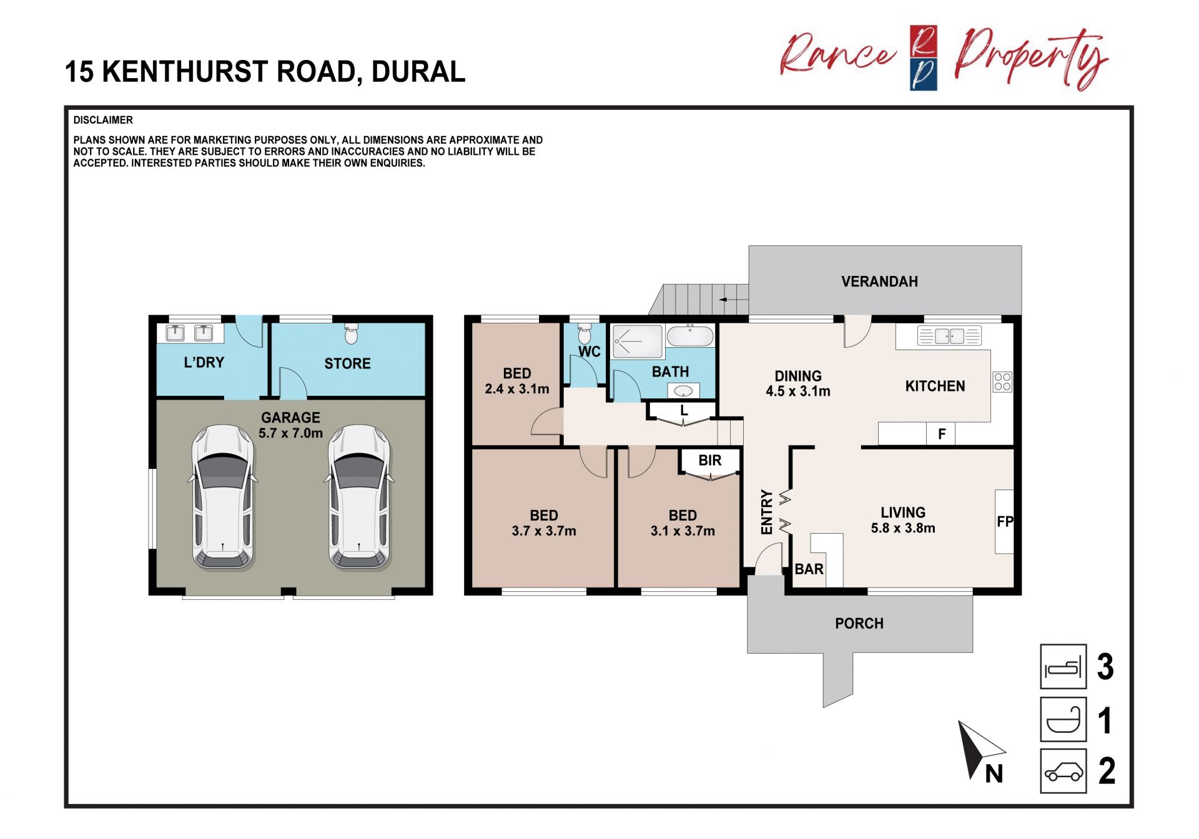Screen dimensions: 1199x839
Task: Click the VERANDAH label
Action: click(x=879, y=282)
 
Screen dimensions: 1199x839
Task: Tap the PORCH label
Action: click(x=859, y=624)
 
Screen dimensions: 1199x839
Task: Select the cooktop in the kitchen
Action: click(x=1002, y=382)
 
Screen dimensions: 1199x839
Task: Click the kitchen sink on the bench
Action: click(x=949, y=336)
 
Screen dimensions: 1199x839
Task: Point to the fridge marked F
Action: click(x=941, y=434)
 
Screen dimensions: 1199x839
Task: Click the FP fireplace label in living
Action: click(x=1005, y=521)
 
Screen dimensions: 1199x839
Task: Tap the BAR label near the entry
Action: click(x=809, y=569)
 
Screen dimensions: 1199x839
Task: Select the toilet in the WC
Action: click(x=585, y=333)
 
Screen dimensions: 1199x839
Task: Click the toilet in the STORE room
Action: click(x=352, y=333)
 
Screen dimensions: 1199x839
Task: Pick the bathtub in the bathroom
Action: click(x=690, y=336)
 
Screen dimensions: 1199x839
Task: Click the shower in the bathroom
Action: click(x=638, y=341)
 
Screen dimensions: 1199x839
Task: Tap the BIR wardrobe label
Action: click(x=710, y=461)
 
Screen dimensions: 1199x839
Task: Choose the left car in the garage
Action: click(x=222, y=498)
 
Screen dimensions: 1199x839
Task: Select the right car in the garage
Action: click(x=359, y=498)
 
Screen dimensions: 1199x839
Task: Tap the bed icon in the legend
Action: click(x=1063, y=667)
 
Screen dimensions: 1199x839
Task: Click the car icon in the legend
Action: click(x=1063, y=771)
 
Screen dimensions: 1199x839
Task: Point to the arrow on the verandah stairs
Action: click(x=733, y=300)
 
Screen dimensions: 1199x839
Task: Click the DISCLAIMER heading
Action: click(x=103, y=120)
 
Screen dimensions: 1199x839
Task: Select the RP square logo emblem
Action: click(x=923, y=58)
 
